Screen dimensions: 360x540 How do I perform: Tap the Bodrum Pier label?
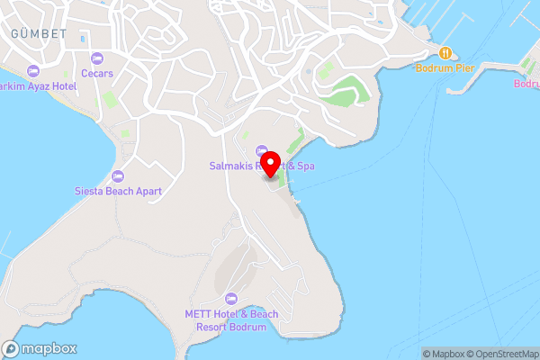point(445,68)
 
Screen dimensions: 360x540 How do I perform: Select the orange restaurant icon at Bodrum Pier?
point(445,52)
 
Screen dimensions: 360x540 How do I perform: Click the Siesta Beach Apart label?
point(117,191)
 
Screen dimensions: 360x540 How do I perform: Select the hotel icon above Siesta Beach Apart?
point(117,175)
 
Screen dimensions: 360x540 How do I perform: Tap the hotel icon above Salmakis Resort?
point(262,150)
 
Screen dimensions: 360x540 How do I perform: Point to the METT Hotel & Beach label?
point(231,314)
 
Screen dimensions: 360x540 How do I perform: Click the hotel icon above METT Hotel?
point(231,298)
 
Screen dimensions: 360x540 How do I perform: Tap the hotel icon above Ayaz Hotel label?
point(34,70)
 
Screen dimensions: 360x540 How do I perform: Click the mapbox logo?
point(40,349)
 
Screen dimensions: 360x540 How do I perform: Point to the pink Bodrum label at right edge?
point(526,84)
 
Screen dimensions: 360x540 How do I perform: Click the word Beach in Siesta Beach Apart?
point(114,191)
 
